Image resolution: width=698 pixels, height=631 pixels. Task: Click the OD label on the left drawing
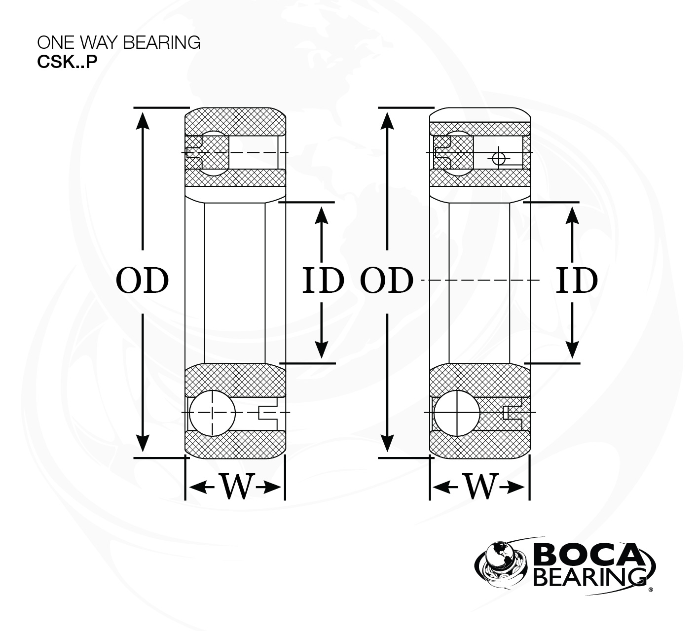[142, 280]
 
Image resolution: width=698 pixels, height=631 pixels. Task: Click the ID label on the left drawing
[323, 280]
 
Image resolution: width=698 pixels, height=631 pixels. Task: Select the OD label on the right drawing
[386, 280]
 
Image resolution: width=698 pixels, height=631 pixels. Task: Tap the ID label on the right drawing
[577, 280]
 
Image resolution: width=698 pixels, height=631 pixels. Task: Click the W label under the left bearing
[236, 487]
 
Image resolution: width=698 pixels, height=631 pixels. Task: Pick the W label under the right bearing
[480, 487]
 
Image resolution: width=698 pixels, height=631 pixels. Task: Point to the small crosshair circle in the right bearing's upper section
[499, 158]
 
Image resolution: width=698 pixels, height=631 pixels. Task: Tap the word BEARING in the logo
[590, 577]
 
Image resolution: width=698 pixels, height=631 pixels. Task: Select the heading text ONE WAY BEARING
[119, 43]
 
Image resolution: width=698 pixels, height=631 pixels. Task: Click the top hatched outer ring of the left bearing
[235, 121]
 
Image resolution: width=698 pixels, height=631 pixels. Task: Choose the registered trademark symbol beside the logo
[651, 589]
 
